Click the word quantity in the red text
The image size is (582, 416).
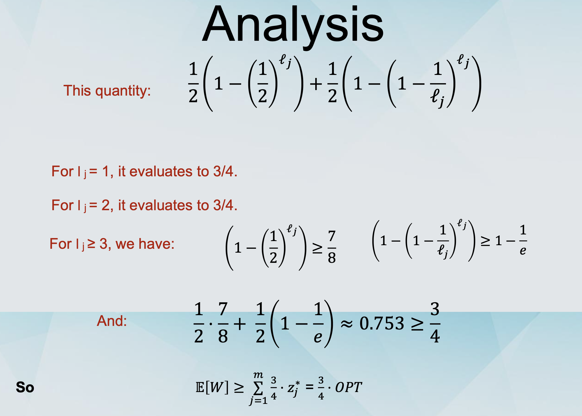pos(123,91)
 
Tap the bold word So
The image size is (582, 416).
pos(25,387)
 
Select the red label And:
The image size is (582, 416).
pos(112,321)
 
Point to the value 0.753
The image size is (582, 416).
pos(382,323)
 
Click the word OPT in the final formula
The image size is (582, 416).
pos(349,387)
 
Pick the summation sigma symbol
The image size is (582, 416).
pos(258,388)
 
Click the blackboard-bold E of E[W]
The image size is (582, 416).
pos(200,387)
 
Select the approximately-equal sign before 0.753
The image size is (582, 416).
pos(347,324)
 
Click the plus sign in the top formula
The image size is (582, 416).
pos(316,84)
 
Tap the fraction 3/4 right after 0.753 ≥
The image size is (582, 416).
pos(435,322)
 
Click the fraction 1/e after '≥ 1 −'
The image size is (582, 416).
pos(523,240)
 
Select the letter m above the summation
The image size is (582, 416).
pos(258,375)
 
